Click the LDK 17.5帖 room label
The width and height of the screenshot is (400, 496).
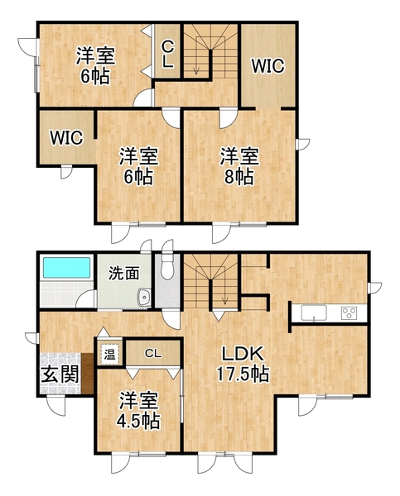point(243,364)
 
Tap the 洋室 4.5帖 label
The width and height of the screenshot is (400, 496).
point(138,410)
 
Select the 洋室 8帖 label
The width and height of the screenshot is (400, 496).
point(239,166)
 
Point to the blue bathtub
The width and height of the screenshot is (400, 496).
point(66,268)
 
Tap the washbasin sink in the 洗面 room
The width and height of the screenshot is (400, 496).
point(144,298)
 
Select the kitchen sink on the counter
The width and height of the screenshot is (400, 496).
point(314,312)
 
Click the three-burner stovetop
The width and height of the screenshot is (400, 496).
point(349,312)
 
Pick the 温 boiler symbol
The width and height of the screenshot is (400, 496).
point(109,354)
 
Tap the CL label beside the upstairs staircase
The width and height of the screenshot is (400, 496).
point(167,55)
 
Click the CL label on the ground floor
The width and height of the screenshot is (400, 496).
point(153,353)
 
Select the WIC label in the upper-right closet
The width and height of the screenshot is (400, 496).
point(267,66)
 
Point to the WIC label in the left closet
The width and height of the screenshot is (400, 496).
point(66,137)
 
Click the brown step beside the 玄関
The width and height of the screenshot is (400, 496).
point(87,374)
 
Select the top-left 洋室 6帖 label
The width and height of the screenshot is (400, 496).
point(95,65)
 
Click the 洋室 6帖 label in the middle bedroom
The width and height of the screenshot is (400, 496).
point(138,166)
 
